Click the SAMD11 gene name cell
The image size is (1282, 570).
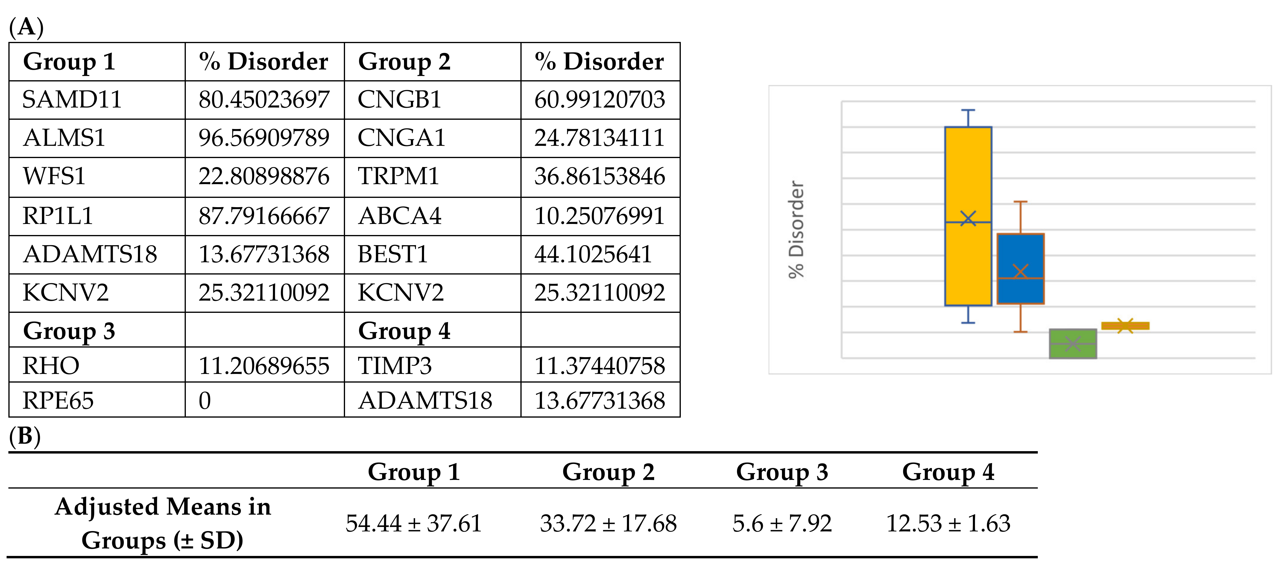(72, 100)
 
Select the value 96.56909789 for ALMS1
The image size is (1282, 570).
(264, 138)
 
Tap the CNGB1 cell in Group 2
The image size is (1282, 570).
(400, 100)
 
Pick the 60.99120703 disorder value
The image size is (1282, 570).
(600, 100)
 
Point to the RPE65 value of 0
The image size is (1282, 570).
(205, 401)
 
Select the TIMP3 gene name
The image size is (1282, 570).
(395, 366)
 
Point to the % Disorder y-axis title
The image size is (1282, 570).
(796, 229)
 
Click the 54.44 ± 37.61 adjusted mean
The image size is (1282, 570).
(414, 524)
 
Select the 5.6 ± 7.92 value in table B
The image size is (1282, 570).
(782, 524)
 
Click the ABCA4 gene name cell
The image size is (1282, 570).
(400, 216)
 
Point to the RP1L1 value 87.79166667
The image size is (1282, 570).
(264, 216)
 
